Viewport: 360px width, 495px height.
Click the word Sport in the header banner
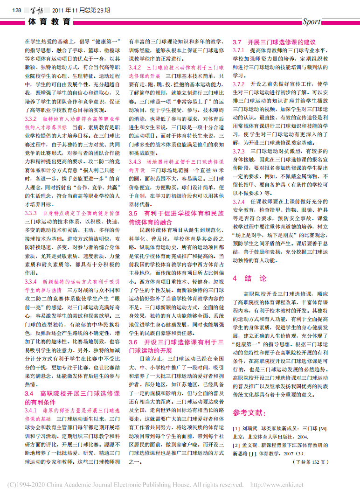312,21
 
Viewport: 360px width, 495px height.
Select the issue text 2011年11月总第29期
78,10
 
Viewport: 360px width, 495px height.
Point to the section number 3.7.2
239,84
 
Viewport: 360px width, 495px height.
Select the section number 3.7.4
239,201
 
